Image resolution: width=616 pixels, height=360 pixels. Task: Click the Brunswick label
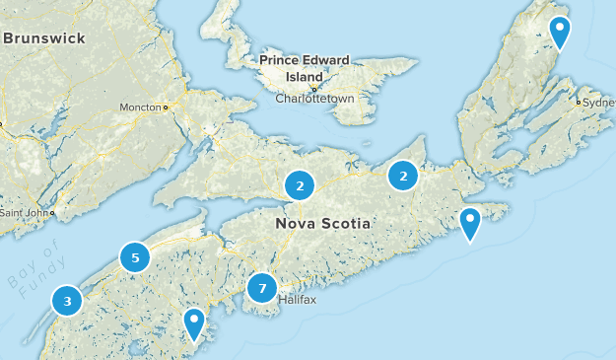coord(44,38)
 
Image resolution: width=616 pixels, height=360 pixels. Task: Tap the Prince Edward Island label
coord(305,68)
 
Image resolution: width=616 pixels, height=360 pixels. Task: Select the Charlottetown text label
coord(313,100)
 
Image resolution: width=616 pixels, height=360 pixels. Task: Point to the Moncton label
coord(141,107)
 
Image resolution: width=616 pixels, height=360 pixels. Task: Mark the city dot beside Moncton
coord(167,107)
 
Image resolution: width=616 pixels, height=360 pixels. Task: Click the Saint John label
coord(24,212)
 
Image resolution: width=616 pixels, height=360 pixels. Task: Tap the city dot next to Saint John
coord(51,212)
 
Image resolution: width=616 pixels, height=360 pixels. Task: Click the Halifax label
coord(297,299)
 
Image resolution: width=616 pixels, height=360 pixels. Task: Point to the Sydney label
coord(598,102)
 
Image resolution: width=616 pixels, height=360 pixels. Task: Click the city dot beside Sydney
coord(578,101)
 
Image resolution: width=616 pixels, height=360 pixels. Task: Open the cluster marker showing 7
coord(262,288)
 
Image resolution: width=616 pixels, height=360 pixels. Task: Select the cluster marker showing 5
coord(135,258)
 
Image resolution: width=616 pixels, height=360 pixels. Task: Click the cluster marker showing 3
coord(67,301)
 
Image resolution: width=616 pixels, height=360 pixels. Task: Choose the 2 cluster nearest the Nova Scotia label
coord(300,183)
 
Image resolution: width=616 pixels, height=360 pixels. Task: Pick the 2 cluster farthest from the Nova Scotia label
coord(403,176)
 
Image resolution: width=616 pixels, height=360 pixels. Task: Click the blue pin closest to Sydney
coord(560,32)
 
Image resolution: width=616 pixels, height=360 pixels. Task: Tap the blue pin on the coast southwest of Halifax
coord(194,322)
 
